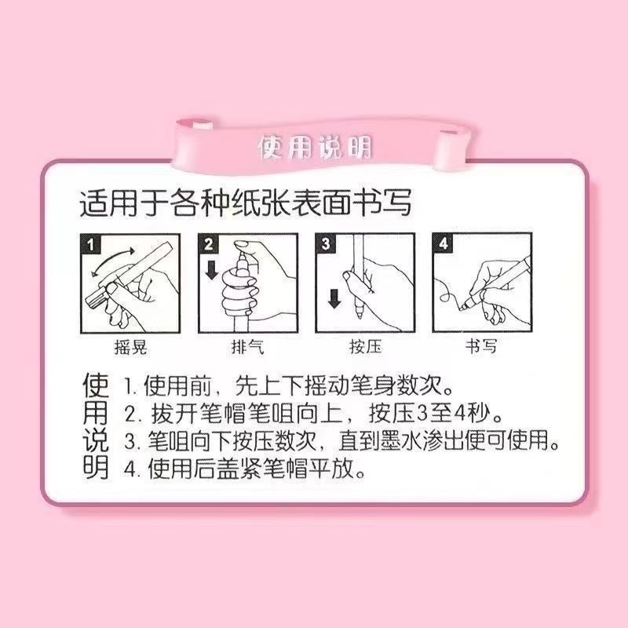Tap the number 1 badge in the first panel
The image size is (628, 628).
(x=92, y=244)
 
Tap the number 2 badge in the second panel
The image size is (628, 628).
(x=209, y=244)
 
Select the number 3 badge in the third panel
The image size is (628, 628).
(x=326, y=244)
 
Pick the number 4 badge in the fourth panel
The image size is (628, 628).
(x=443, y=244)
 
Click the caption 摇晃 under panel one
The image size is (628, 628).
(x=130, y=346)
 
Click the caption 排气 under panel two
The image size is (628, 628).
(x=246, y=346)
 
